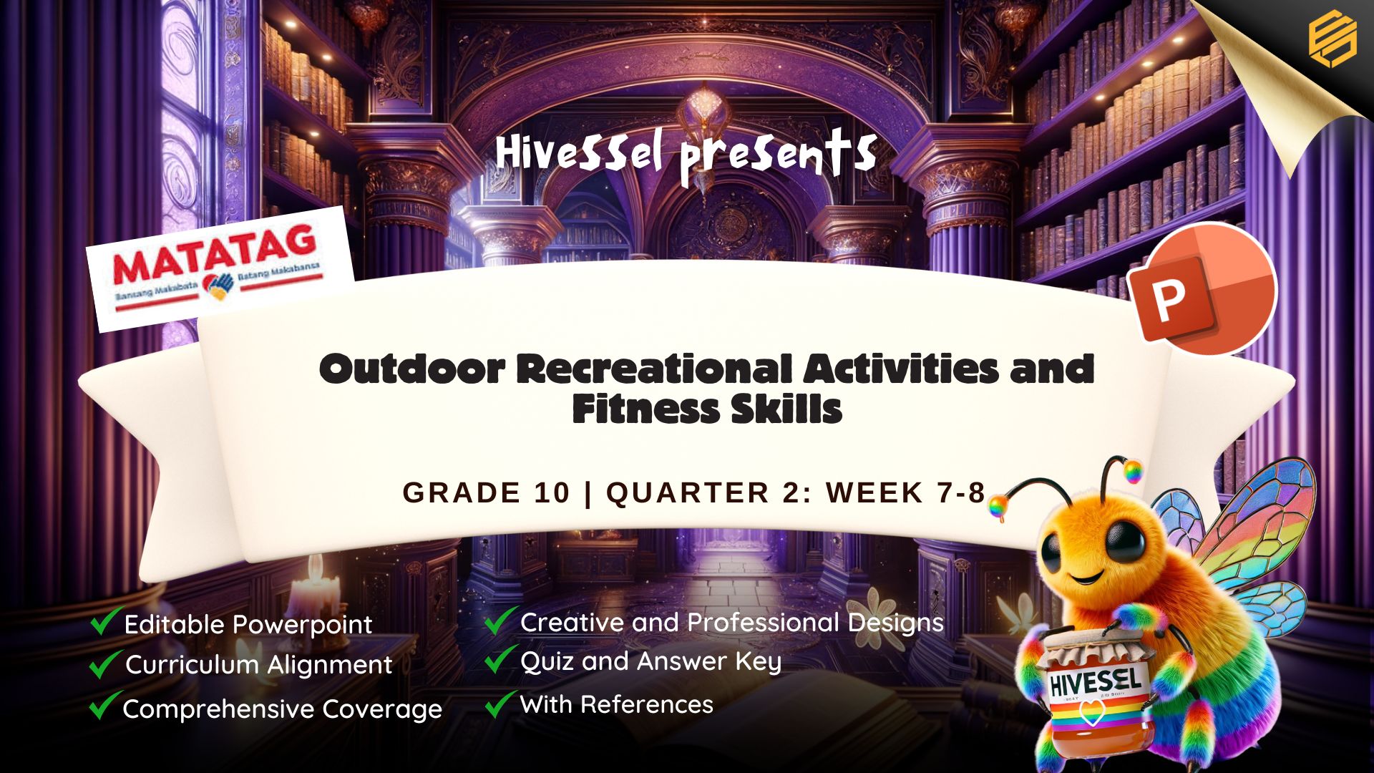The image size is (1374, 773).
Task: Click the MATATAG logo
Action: (x=220, y=269)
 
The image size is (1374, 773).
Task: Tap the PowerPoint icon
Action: (x=1202, y=289)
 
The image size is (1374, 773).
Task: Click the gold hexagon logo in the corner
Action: (x=1332, y=40)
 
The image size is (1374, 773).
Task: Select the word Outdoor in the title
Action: (x=412, y=369)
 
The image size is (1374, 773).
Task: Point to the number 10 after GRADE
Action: (x=551, y=493)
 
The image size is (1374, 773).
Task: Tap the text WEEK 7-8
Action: (x=906, y=493)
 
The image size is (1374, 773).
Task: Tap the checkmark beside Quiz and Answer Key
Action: (x=501, y=659)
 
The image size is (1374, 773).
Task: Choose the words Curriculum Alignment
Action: (x=259, y=665)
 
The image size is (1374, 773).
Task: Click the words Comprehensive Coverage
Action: (x=283, y=709)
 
